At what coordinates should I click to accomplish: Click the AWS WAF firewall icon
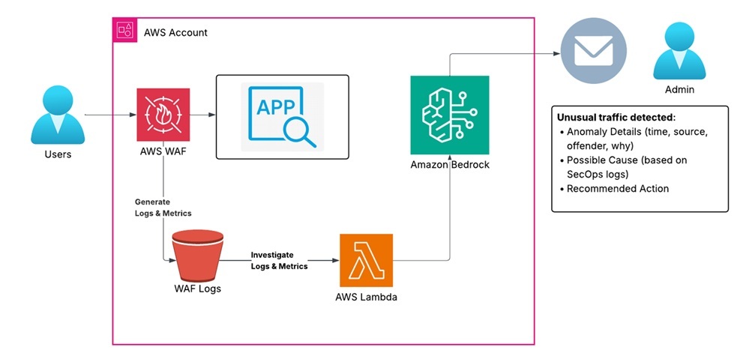[163, 115]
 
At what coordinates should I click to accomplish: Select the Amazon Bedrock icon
[449, 115]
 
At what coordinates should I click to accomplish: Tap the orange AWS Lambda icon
[367, 260]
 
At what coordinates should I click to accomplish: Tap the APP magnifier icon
[283, 116]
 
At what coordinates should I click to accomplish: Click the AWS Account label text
[175, 32]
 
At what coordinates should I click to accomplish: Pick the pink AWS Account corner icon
[123, 30]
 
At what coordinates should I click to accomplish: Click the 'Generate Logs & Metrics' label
[163, 208]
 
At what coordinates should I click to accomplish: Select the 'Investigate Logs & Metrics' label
[279, 261]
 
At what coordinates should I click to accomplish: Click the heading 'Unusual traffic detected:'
[616, 118]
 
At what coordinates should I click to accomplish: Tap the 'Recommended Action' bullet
[618, 188]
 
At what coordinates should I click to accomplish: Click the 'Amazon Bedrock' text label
[449, 164]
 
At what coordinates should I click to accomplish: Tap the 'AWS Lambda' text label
[367, 297]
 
